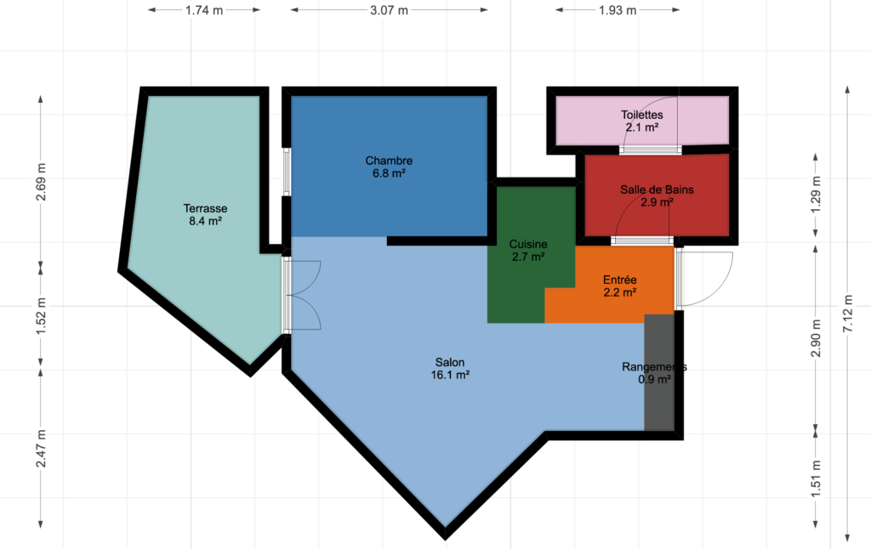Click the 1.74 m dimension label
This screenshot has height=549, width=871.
(x=204, y=10)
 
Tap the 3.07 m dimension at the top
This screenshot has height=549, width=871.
(x=389, y=10)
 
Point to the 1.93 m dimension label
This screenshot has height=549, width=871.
(x=618, y=10)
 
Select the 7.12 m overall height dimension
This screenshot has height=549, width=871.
(x=847, y=314)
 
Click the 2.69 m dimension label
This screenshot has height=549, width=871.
(x=41, y=182)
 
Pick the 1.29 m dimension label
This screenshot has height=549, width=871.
(x=816, y=194)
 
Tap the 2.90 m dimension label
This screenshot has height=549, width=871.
(x=816, y=338)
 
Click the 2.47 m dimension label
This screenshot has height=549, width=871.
(x=41, y=448)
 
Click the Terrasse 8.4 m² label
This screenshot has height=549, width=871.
(x=206, y=214)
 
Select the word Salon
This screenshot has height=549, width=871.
(x=450, y=363)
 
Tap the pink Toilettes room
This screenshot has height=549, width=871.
(x=642, y=121)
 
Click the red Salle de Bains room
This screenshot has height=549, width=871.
(x=658, y=195)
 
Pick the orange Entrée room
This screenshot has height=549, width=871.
(x=617, y=285)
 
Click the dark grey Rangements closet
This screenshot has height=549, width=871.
(x=659, y=372)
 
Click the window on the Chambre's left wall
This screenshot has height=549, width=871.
(x=287, y=172)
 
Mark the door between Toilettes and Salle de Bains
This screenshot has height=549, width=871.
(x=651, y=150)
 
